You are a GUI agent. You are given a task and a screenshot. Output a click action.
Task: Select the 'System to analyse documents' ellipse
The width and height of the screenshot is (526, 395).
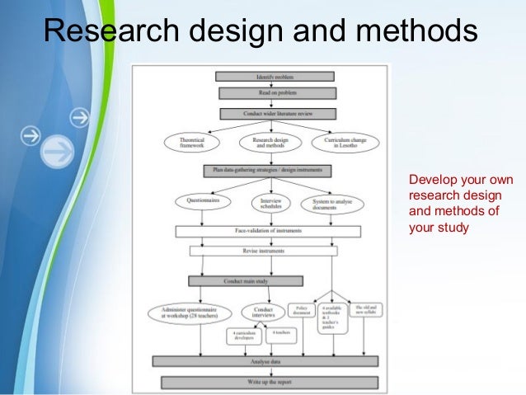(x=332, y=203)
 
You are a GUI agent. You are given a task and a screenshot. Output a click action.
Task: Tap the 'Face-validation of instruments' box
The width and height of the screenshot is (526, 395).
(x=268, y=232)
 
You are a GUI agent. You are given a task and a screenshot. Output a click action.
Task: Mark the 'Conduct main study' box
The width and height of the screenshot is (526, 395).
(x=245, y=281)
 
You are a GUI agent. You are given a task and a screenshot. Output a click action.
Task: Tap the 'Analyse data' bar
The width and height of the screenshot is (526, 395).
(x=265, y=361)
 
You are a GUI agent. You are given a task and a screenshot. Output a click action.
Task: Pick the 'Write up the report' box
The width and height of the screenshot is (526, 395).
(x=270, y=382)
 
